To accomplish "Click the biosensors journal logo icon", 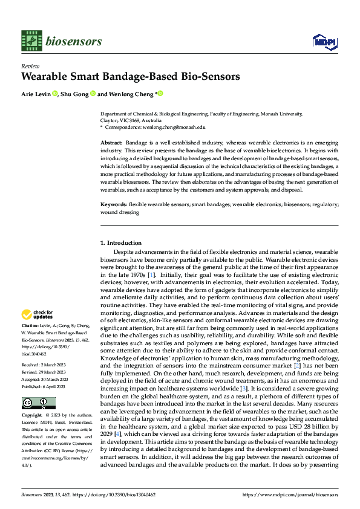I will click(x=30, y=41).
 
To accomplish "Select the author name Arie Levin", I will click(x=35, y=94).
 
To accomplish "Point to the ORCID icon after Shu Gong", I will click(x=94, y=94).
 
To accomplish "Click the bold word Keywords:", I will click(x=114, y=205).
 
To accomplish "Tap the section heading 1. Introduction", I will click(x=120, y=243).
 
